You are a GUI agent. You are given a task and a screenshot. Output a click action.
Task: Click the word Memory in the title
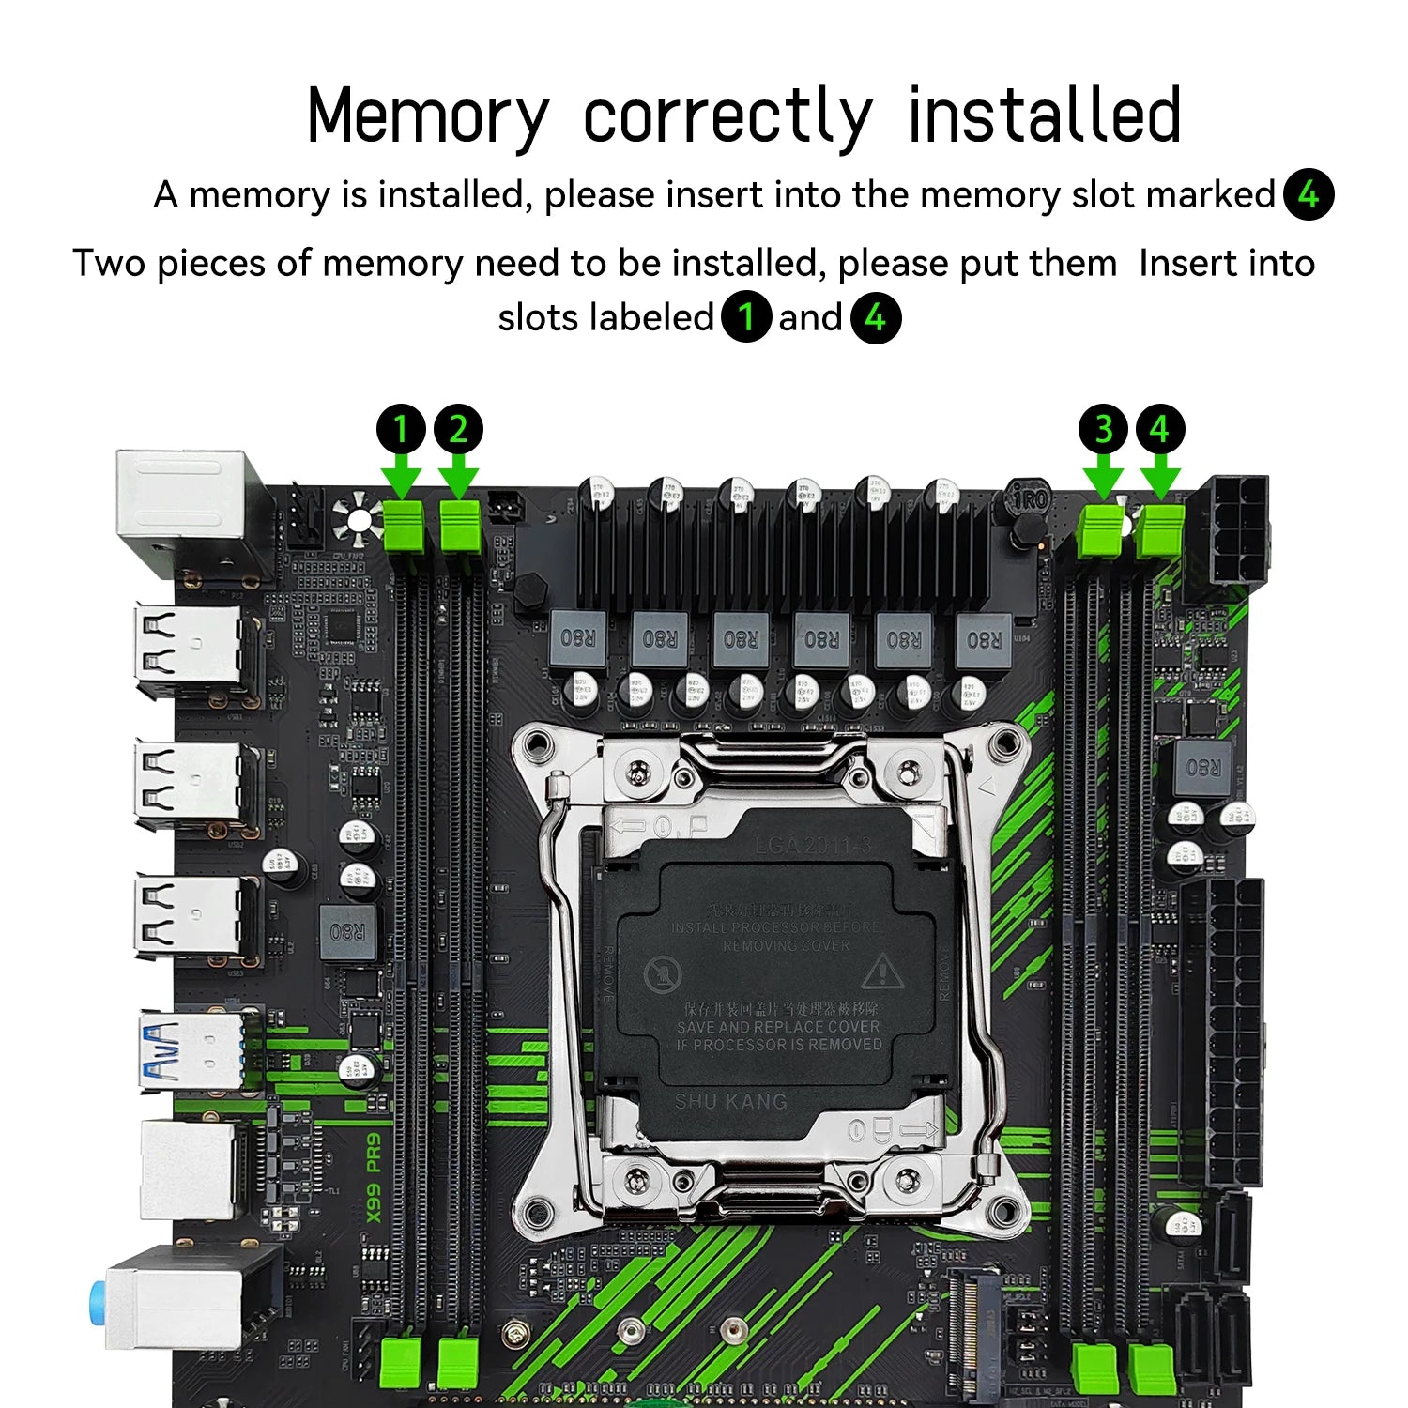(x=427, y=116)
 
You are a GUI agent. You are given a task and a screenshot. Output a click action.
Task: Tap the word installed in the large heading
(x=1044, y=116)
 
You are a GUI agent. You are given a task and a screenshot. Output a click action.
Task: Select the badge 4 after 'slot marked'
(x=1309, y=194)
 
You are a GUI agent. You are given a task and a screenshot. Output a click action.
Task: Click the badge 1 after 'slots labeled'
(x=746, y=317)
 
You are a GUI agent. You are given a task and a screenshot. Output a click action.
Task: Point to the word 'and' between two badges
(x=810, y=317)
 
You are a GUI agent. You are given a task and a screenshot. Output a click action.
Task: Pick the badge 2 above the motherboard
(x=458, y=430)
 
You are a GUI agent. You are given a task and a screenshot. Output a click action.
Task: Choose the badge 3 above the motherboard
(x=1104, y=430)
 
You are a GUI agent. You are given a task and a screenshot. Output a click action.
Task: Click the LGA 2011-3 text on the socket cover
(x=813, y=846)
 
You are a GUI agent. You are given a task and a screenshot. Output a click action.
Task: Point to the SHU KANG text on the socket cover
(x=730, y=1101)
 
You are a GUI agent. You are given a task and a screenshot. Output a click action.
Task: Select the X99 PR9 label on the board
(x=374, y=1177)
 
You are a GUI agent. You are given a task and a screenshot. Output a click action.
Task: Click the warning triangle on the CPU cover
(x=882, y=972)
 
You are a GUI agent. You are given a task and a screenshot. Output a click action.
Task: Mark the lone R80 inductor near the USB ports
(x=347, y=932)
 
